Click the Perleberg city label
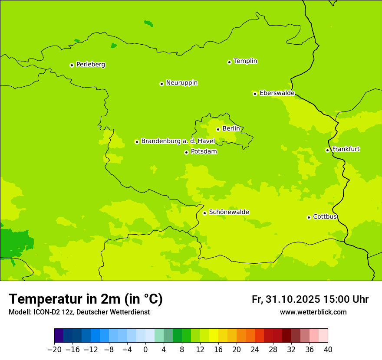pos(90,65)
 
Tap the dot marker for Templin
pos(229,62)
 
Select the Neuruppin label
pos(181,83)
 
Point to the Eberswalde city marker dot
pos(255,94)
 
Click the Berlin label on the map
pos(231,129)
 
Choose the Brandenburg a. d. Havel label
pos(178,141)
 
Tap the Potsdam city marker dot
pos(186,152)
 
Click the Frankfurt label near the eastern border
pos(346,149)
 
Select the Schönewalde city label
pos(229,212)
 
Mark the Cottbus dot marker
pos(309,217)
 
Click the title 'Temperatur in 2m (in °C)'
pos(86,299)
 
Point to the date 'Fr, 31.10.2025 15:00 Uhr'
pos(310,299)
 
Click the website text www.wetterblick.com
pos(313,312)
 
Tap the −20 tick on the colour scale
pos(54,350)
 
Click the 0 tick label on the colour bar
pos(145,350)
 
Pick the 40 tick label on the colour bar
pos(328,350)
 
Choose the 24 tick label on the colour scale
pos(255,350)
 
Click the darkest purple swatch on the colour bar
pos(59,336)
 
